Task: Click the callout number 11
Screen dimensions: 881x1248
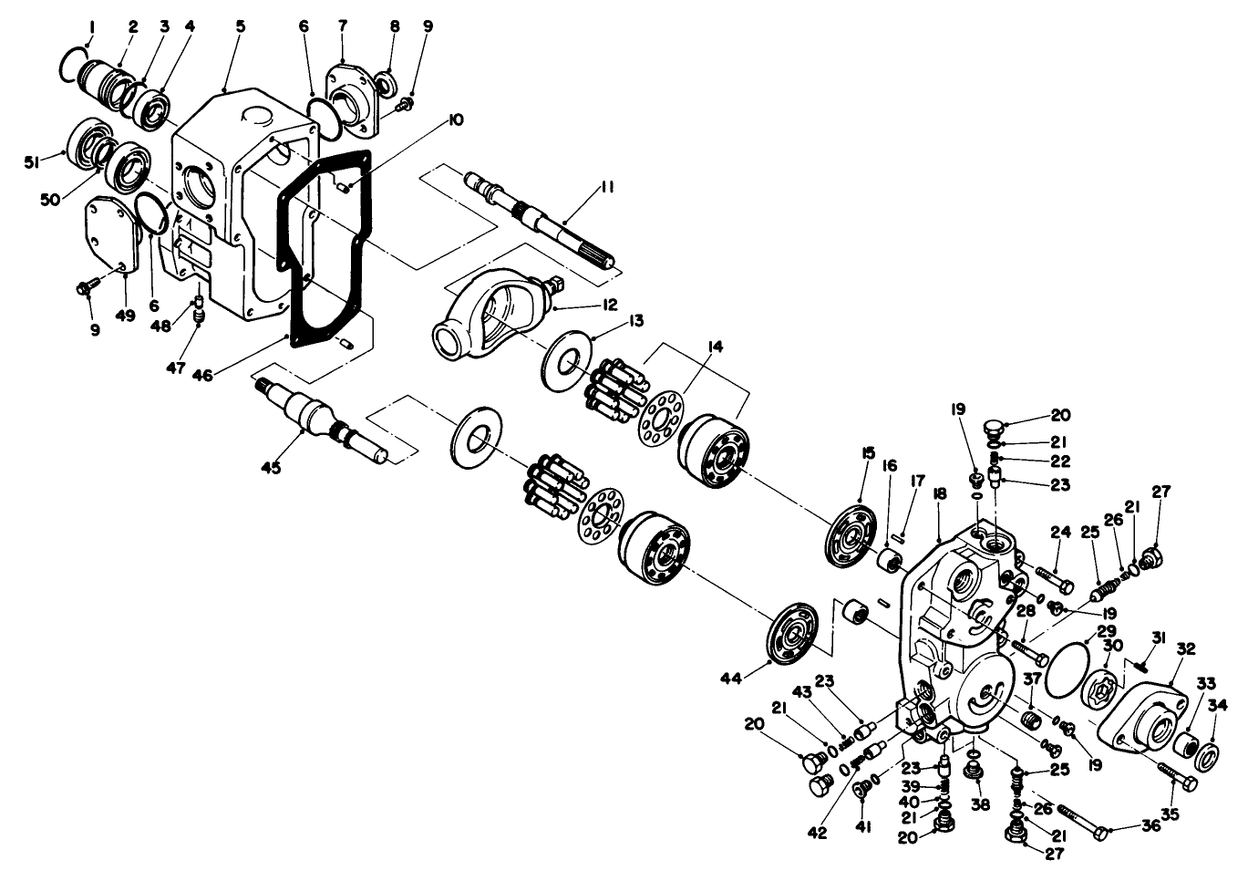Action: [606, 187]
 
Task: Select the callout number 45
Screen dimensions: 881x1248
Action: [271, 467]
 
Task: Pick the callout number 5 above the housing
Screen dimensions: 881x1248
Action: [240, 26]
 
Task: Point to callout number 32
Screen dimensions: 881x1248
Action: [1185, 649]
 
